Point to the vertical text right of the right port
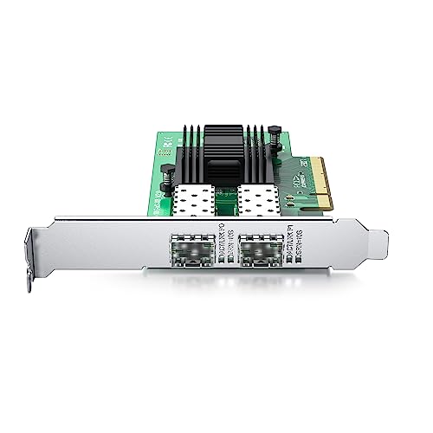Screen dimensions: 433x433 click(x=291, y=246)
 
